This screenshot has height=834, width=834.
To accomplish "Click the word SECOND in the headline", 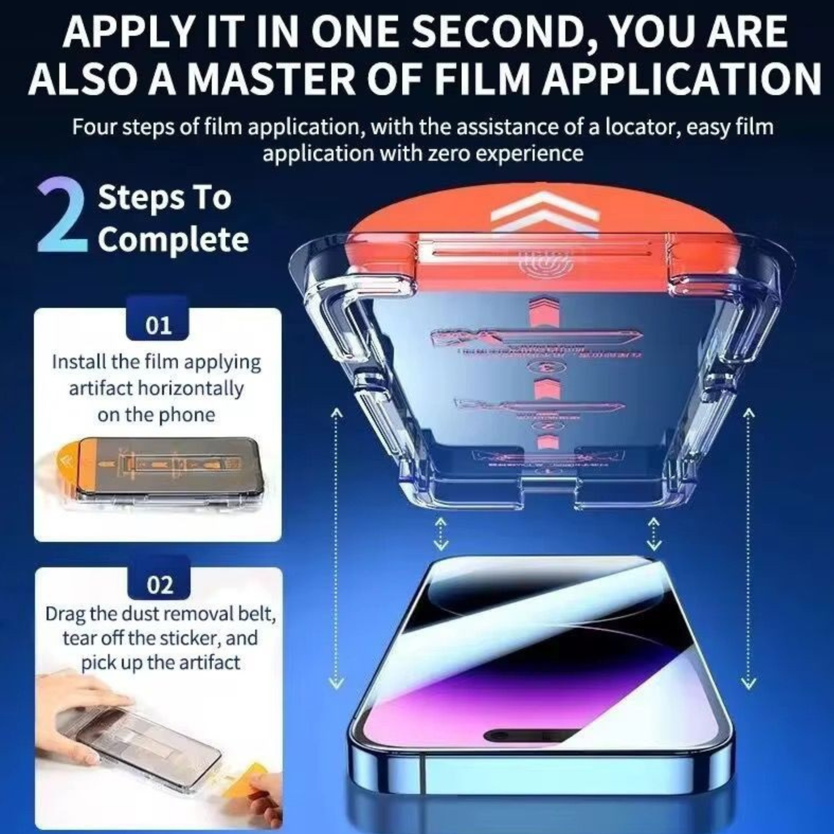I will point(497,33).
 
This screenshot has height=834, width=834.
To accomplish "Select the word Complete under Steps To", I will point(173,239).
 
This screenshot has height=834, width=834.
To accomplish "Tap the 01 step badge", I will point(158,326).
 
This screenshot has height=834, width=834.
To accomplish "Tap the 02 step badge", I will point(159,585).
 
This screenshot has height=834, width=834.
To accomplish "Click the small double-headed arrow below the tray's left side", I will point(441,533).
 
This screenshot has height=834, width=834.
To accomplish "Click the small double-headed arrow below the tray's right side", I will point(653,533).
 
